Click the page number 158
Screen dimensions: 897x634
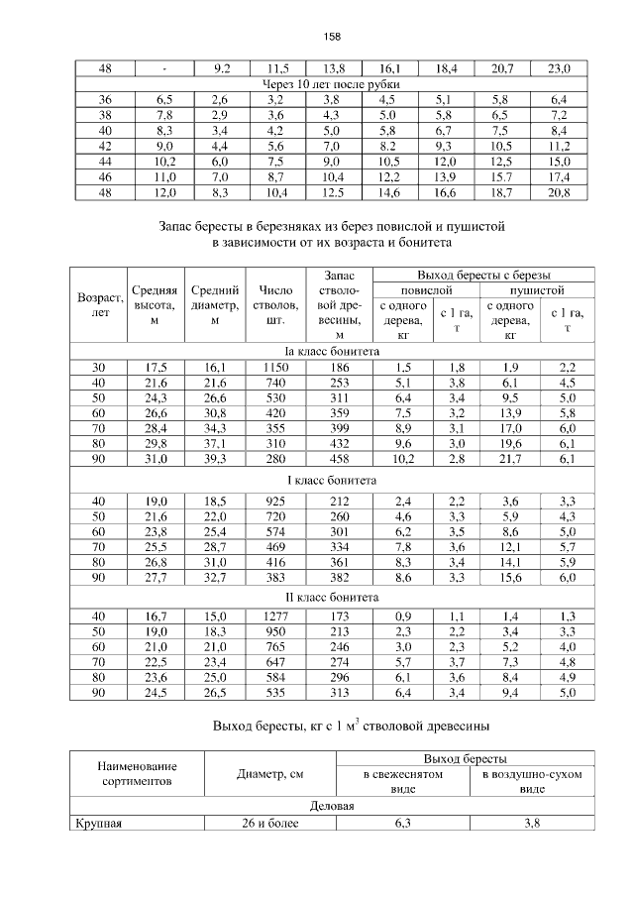(x=332, y=37)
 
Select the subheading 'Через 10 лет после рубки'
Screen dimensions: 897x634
(x=332, y=83)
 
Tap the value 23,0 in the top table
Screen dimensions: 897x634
(x=559, y=68)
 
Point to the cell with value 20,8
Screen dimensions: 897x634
(x=559, y=191)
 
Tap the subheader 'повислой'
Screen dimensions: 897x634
(x=426, y=290)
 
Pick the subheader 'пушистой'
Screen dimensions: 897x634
(x=537, y=290)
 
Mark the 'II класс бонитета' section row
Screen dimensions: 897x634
(x=332, y=599)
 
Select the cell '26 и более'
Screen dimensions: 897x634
(x=270, y=822)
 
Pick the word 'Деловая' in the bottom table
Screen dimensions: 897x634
(x=332, y=805)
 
